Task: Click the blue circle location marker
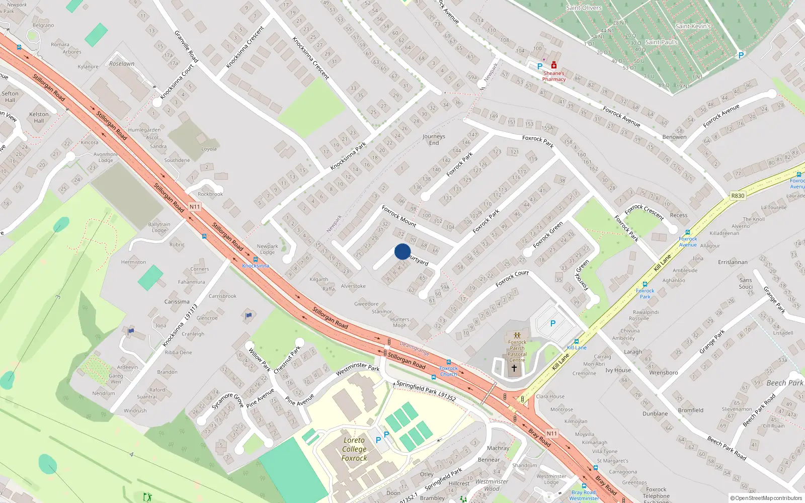click(403, 251)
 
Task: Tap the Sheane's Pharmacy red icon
click(554, 65)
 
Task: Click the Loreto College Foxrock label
click(354, 449)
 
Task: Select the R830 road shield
click(738, 196)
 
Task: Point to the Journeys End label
click(434, 139)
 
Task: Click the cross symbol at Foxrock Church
click(514, 368)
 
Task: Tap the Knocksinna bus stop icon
click(256, 260)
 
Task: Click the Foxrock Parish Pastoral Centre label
click(517, 351)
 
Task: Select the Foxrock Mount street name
click(399, 216)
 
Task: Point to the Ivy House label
click(618, 370)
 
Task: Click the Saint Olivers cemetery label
click(584, 8)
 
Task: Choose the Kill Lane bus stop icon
click(577, 342)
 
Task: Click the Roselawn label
click(122, 64)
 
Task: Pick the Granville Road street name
click(186, 47)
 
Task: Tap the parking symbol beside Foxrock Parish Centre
click(553, 323)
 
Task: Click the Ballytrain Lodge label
click(159, 227)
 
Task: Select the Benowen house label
click(674, 137)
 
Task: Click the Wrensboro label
click(663, 373)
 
